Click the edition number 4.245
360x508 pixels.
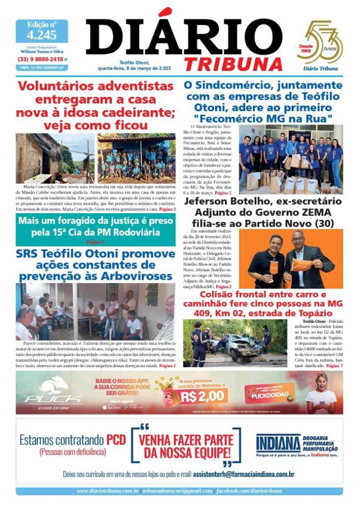point(41,35)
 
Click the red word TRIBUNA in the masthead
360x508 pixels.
point(233,64)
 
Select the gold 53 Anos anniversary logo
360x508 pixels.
point(320,43)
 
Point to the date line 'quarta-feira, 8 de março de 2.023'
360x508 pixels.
point(138,68)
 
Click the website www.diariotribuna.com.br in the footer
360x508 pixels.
point(108,491)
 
